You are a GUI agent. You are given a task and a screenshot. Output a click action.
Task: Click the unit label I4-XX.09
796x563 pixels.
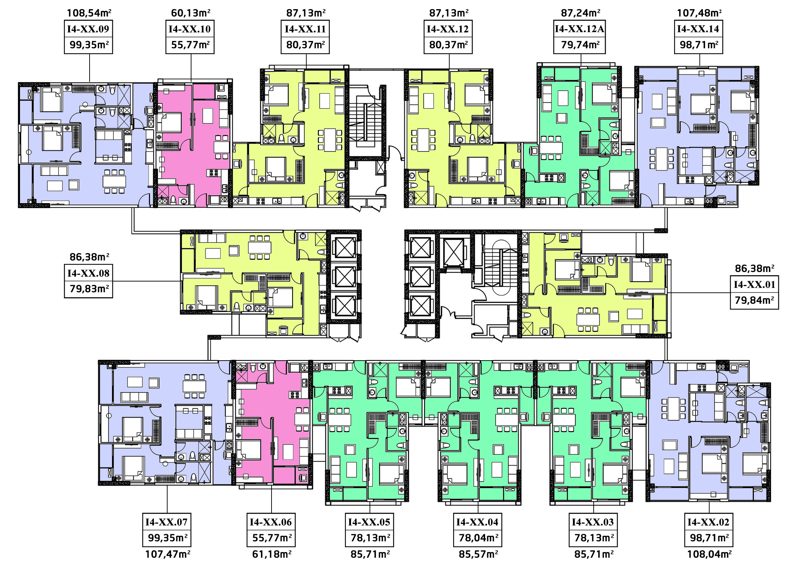coord(88,29)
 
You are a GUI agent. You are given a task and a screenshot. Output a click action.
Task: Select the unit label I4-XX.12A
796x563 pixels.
coord(580,29)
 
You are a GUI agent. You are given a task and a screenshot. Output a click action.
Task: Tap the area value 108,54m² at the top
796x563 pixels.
coord(89,13)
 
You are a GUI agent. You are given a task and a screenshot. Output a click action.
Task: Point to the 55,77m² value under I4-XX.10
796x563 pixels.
coord(190,45)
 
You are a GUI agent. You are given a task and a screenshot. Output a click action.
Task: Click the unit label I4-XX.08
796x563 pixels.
coord(89,273)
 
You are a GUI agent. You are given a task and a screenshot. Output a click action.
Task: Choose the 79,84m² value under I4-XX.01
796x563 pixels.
coord(754,300)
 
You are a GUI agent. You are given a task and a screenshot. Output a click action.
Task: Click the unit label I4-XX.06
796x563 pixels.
coord(271,522)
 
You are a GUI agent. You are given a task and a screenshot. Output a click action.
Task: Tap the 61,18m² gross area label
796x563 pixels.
coord(272,554)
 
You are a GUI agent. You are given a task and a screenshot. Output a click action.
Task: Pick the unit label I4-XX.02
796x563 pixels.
coord(709,522)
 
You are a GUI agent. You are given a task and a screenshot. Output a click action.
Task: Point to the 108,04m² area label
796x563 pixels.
coord(710,554)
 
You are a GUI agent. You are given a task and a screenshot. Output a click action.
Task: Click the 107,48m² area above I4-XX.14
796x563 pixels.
coord(699,13)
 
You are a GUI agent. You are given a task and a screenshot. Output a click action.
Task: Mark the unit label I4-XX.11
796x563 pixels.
coord(305,29)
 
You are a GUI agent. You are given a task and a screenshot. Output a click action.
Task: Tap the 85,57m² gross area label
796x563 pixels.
coord(478,554)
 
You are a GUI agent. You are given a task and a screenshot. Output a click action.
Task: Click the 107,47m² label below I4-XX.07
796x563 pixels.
coord(168,554)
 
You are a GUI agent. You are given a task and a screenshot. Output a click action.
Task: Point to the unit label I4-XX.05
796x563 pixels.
coord(369,522)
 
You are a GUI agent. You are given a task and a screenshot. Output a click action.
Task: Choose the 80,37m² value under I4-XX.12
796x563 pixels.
coord(449,45)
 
